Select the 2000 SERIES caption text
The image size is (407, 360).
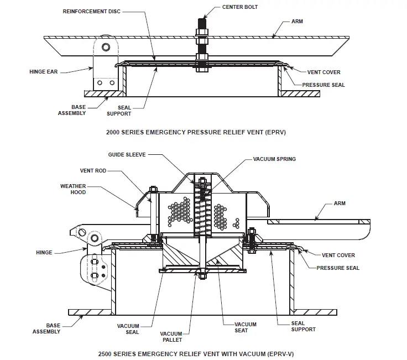196,133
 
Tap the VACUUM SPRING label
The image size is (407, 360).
274,159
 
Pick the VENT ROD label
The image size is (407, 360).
92,171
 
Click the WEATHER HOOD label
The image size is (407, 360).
73,190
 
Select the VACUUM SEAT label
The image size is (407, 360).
244,327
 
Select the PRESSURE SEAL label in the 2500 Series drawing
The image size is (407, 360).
338,268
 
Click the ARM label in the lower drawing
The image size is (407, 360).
339,204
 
